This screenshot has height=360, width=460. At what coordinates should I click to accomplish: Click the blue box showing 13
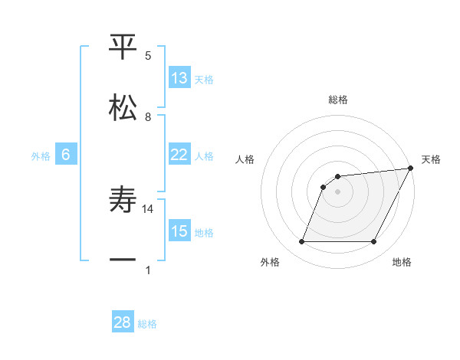pos(179,78)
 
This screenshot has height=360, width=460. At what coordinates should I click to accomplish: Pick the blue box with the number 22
pos(179,155)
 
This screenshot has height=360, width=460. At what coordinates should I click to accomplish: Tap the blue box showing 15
pos(179,231)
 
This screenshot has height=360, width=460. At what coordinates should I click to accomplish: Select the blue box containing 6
pos(66,155)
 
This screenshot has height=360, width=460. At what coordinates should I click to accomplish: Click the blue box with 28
pos(123,322)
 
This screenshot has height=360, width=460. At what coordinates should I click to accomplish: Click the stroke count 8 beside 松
pos(149,117)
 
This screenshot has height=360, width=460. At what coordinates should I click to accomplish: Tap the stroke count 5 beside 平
pos(149,56)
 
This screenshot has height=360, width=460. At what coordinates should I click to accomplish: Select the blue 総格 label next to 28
pos(148,324)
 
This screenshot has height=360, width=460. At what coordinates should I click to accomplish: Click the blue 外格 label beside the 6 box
pos(41,156)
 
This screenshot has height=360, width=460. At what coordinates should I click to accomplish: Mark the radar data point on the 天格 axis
pos(412,169)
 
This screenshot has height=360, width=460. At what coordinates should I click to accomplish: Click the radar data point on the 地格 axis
pos(374,242)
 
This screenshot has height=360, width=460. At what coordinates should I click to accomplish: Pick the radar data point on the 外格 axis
pos(301,242)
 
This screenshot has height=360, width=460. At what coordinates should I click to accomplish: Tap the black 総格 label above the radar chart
pos(338,100)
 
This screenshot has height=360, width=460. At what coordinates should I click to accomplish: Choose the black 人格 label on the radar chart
pos(245,159)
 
